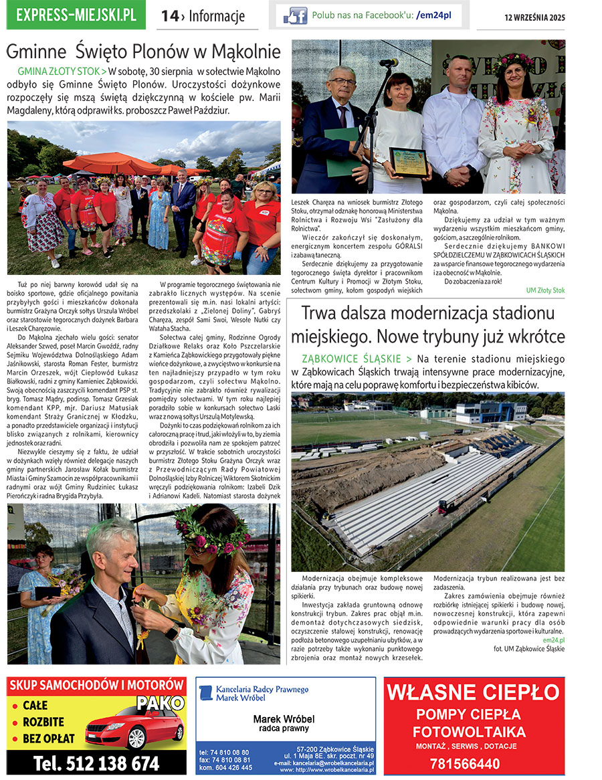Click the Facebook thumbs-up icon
click(x=295, y=15)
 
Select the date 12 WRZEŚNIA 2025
click(x=534, y=17)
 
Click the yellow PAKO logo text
click(x=160, y=703)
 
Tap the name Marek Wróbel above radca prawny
click(x=284, y=719)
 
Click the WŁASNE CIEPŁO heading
click(x=474, y=691)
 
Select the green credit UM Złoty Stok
click(x=545, y=290)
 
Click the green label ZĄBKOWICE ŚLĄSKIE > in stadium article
click(x=357, y=359)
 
